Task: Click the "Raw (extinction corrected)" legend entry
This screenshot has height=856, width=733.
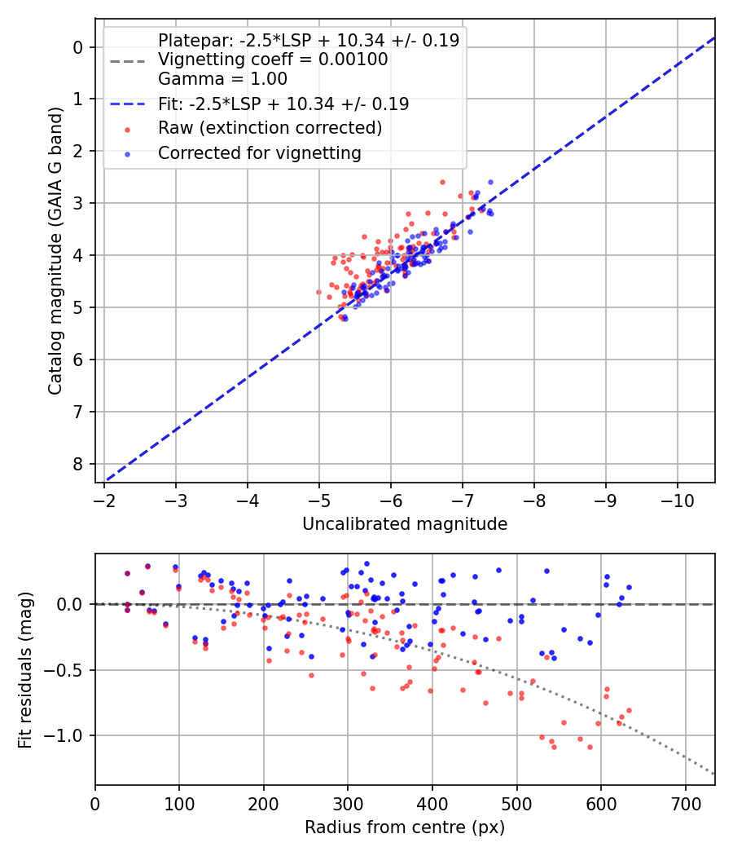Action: (270, 128)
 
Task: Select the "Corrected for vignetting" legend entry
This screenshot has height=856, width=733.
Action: (259, 152)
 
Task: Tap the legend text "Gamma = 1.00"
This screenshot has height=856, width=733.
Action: (222, 79)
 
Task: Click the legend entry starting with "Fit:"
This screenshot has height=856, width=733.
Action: (283, 104)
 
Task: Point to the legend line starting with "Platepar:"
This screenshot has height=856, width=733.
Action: (309, 40)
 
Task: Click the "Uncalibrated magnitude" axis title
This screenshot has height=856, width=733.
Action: (405, 524)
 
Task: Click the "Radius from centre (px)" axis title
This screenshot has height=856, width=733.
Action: (405, 827)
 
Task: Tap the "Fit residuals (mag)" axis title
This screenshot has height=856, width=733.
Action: (25, 670)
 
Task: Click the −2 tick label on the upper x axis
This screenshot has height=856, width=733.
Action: (104, 499)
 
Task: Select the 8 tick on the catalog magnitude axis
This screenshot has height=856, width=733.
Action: (78, 464)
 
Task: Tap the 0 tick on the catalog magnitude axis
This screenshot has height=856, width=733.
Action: (78, 47)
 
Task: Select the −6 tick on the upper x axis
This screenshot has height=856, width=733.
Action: (391, 499)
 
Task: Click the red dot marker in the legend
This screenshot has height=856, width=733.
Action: (127, 129)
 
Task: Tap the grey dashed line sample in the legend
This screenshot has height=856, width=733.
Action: (127, 60)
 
